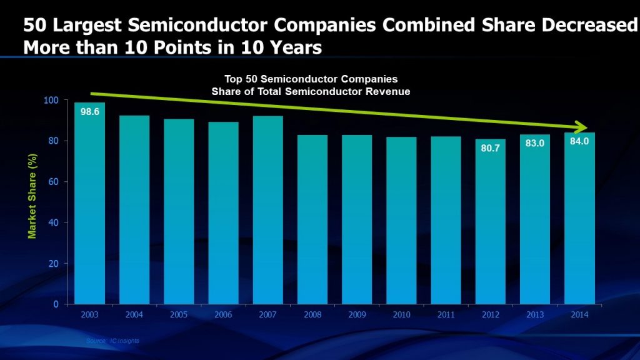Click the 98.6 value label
[90, 112]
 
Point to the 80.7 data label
[490, 148]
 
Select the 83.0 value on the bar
[534, 143]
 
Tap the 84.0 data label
[579, 141]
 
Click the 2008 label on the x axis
[312, 315]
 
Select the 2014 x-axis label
[579, 315]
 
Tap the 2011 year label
[446, 315]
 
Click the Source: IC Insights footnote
[113, 341]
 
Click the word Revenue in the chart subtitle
[391, 92]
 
